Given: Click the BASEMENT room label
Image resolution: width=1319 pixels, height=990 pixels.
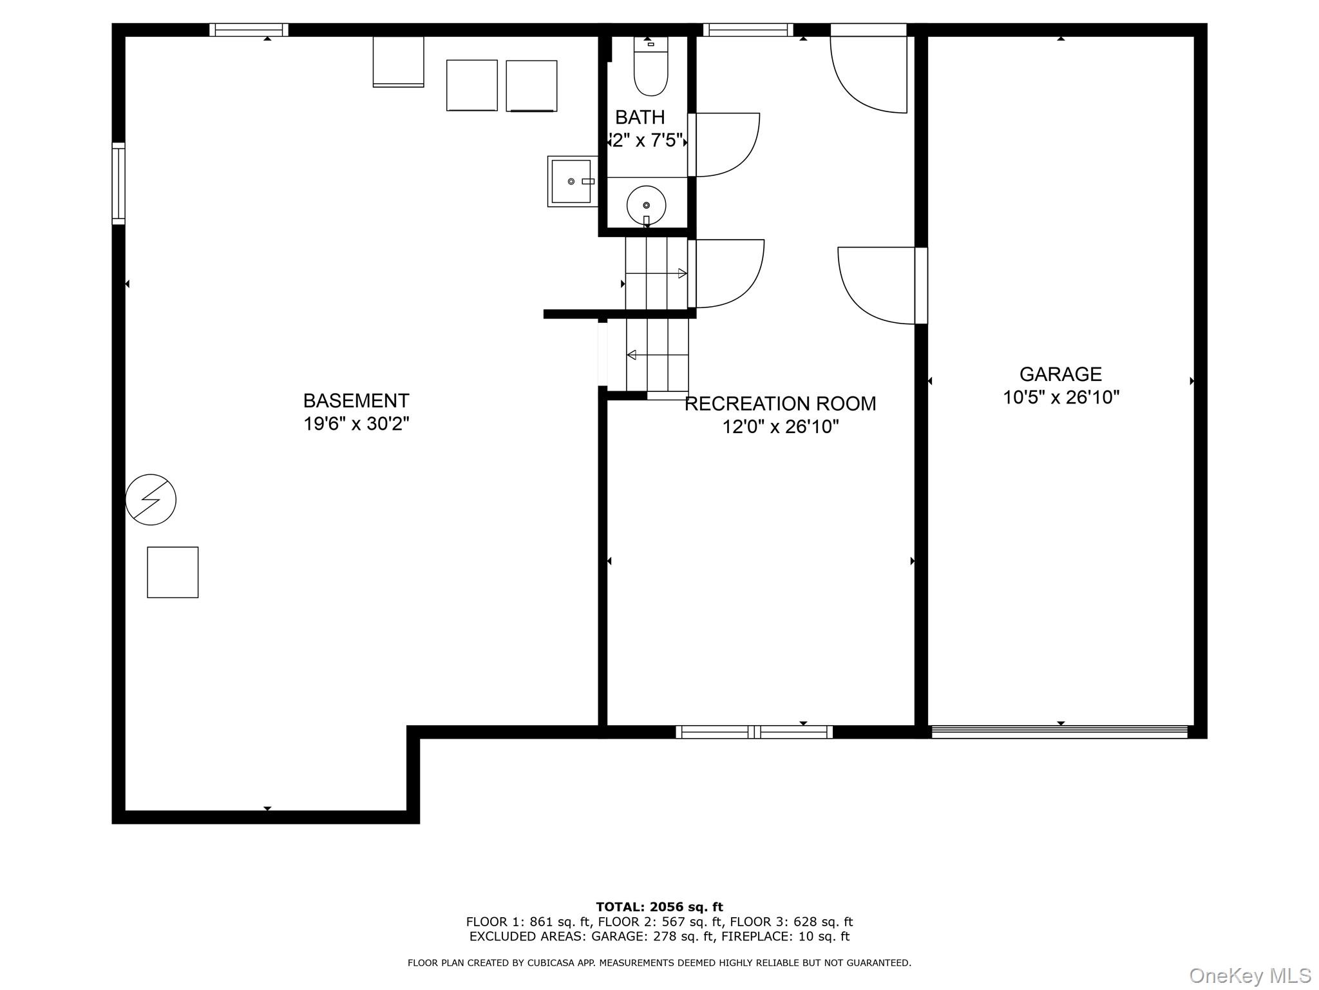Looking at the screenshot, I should tap(356, 401).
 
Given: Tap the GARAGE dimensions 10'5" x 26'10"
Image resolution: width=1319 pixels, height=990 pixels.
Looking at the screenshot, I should tap(1061, 398).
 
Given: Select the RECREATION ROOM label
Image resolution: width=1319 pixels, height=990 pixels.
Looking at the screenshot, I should tap(780, 404).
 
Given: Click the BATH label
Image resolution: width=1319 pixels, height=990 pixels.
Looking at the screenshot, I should tap(640, 117).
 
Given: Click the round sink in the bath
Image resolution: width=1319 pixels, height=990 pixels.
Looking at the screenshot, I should tap(646, 205).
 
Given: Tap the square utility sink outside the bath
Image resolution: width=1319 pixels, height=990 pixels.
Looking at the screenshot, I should tap(571, 181).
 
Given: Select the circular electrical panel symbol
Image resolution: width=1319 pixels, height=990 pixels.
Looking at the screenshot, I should tap(151, 500).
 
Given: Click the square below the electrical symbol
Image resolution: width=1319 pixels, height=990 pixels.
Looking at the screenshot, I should tap(173, 572).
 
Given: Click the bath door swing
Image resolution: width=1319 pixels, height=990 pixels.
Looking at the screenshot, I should tap(725, 144).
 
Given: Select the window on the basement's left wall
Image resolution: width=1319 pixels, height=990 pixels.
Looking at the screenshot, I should tap(119, 184).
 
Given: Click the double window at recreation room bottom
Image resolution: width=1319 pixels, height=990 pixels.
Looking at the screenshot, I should tap(754, 732).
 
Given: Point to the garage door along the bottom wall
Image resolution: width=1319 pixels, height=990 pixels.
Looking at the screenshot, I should tap(1059, 732).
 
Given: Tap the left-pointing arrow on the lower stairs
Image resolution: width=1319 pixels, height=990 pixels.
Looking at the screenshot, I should tap(632, 355).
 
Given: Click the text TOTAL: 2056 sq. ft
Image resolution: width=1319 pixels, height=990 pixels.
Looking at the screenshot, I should tap(659, 907).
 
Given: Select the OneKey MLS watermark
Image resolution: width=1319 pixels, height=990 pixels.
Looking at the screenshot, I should tap(1249, 976).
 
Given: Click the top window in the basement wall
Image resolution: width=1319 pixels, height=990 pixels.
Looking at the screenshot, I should tap(249, 30).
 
